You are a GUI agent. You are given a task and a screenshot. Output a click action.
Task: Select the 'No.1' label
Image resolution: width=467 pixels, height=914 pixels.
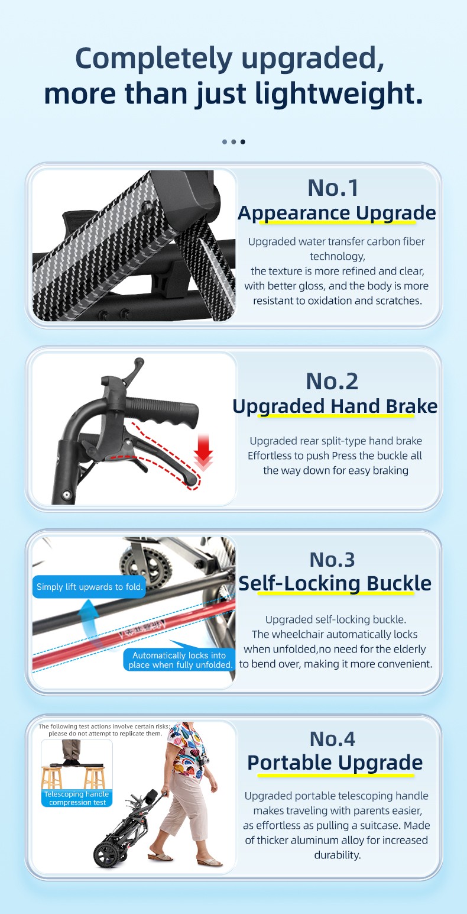tap(333, 188)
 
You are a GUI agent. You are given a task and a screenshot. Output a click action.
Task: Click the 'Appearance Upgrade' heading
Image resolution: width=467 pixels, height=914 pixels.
tap(337, 214)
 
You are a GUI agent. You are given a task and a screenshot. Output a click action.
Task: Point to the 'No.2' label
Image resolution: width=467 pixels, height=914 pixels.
tap(332, 381)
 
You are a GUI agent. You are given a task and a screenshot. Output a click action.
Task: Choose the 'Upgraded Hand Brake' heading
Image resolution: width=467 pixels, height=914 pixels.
tap(335, 406)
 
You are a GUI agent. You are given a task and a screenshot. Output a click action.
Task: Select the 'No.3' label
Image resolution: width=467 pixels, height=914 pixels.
tap(332, 560)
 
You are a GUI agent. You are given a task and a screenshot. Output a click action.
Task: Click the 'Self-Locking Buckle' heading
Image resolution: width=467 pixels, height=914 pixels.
tap(335, 583)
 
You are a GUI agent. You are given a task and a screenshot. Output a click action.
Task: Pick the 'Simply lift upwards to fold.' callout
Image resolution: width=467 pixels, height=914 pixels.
tap(89, 587)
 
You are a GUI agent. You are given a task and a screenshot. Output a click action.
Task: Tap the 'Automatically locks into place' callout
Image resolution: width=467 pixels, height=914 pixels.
tap(180, 660)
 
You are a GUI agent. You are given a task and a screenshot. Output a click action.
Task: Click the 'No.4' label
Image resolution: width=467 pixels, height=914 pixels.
tap(332, 739)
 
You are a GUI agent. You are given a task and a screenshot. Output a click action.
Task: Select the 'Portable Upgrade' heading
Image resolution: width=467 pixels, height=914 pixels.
tap(335, 763)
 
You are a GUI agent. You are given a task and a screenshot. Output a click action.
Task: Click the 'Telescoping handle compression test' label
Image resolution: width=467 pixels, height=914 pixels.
tap(77, 798)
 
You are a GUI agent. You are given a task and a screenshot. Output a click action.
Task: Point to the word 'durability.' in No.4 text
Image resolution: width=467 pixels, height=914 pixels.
tap(338, 855)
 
